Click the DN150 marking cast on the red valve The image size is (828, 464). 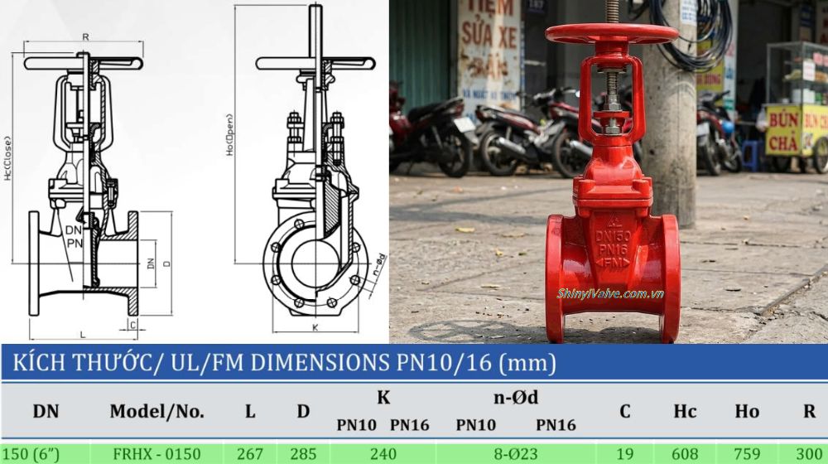point(612,238)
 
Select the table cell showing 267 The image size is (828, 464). point(249,453)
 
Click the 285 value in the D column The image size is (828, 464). point(303,453)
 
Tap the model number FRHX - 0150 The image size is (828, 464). point(156,453)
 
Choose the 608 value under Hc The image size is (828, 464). point(685,453)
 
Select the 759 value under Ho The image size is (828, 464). point(747,453)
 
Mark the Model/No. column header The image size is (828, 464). point(156,410)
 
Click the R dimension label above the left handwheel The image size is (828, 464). point(84,37)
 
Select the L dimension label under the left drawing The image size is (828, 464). point(83,334)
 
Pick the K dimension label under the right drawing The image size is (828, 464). point(315,328)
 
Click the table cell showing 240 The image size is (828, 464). point(383,453)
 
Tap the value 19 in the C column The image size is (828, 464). point(624,453)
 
